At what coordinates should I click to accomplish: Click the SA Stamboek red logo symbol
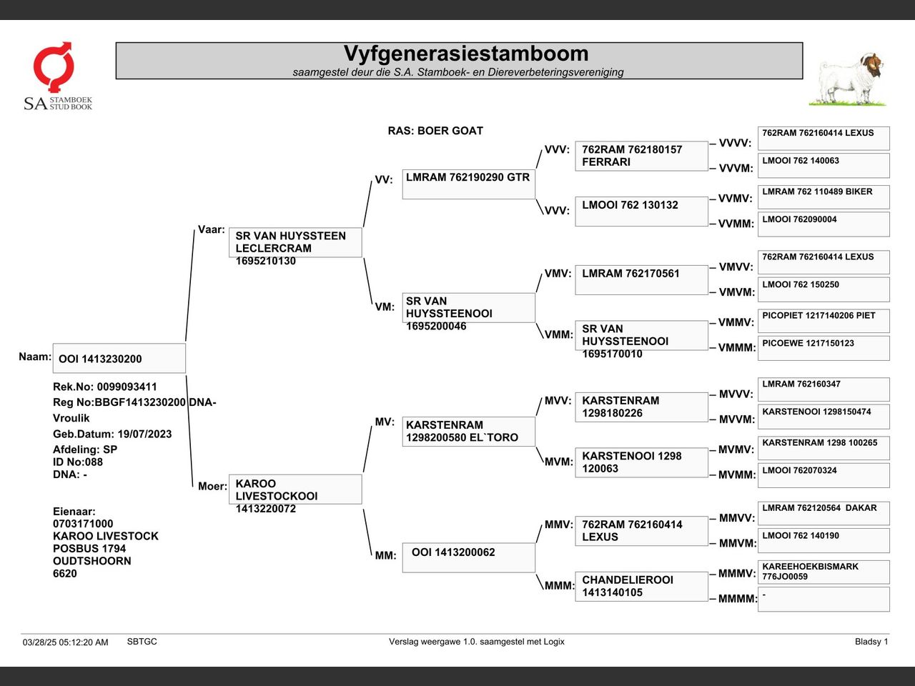point(54,66)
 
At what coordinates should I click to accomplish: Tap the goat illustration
point(849,79)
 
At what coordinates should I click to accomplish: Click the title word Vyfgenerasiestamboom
point(466,54)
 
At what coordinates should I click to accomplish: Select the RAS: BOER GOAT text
point(435,131)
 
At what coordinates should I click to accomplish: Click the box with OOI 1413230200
point(119,358)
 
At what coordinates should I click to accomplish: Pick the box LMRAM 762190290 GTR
point(468,184)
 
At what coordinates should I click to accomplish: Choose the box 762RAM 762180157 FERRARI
point(641,156)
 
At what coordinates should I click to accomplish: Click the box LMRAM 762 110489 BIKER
point(823,197)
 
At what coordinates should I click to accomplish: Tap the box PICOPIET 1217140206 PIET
point(823,321)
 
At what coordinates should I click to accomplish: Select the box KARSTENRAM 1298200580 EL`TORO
point(468,432)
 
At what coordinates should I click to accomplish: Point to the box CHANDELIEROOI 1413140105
point(641,587)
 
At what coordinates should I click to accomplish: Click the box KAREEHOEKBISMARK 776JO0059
point(823,572)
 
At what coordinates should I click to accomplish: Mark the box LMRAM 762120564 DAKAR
point(823,513)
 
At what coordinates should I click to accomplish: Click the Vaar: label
point(212,229)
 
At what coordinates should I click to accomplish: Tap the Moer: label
point(212,486)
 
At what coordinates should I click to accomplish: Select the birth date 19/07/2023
point(144,434)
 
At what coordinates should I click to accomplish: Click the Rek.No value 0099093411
point(127,387)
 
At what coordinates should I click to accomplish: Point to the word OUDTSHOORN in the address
point(91,561)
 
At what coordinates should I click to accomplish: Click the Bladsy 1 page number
point(871,642)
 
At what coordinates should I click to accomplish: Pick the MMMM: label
point(738,599)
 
